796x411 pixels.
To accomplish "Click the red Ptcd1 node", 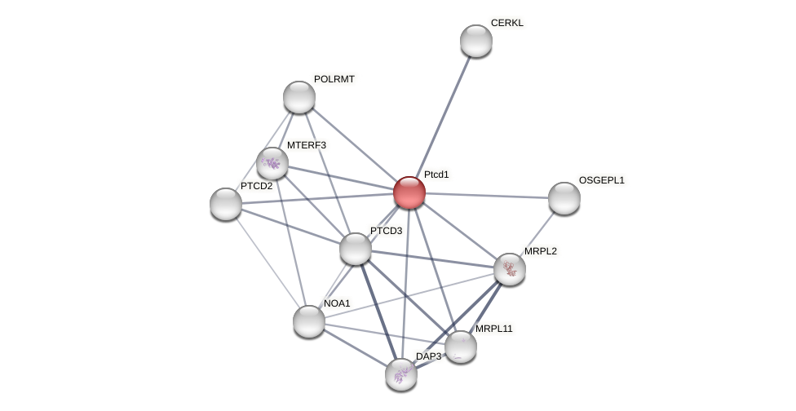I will (x=409, y=192).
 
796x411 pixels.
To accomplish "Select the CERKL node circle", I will (x=476, y=41).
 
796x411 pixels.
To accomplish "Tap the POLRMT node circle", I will (x=299, y=97).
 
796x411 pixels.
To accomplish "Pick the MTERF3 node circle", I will (x=272, y=163).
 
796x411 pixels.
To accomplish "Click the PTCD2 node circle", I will (x=226, y=204).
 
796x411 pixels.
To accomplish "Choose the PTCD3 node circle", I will (x=356, y=249).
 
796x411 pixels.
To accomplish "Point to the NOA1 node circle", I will (x=309, y=321).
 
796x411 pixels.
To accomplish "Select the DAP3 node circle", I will (x=401, y=374).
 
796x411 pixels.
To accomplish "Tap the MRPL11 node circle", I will (x=461, y=347).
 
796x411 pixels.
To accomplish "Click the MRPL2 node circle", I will (x=510, y=269).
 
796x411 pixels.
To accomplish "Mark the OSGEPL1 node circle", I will (x=564, y=198).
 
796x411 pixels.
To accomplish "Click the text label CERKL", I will (x=507, y=23).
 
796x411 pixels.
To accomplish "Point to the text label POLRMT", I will (x=334, y=79).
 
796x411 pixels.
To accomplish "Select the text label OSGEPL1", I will (x=602, y=180).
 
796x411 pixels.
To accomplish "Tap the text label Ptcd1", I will (x=436, y=175).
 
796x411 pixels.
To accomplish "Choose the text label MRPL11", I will (x=494, y=329).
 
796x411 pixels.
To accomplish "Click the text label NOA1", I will (x=337, y=303).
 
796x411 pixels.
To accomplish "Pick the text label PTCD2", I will (x=256, y=186).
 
